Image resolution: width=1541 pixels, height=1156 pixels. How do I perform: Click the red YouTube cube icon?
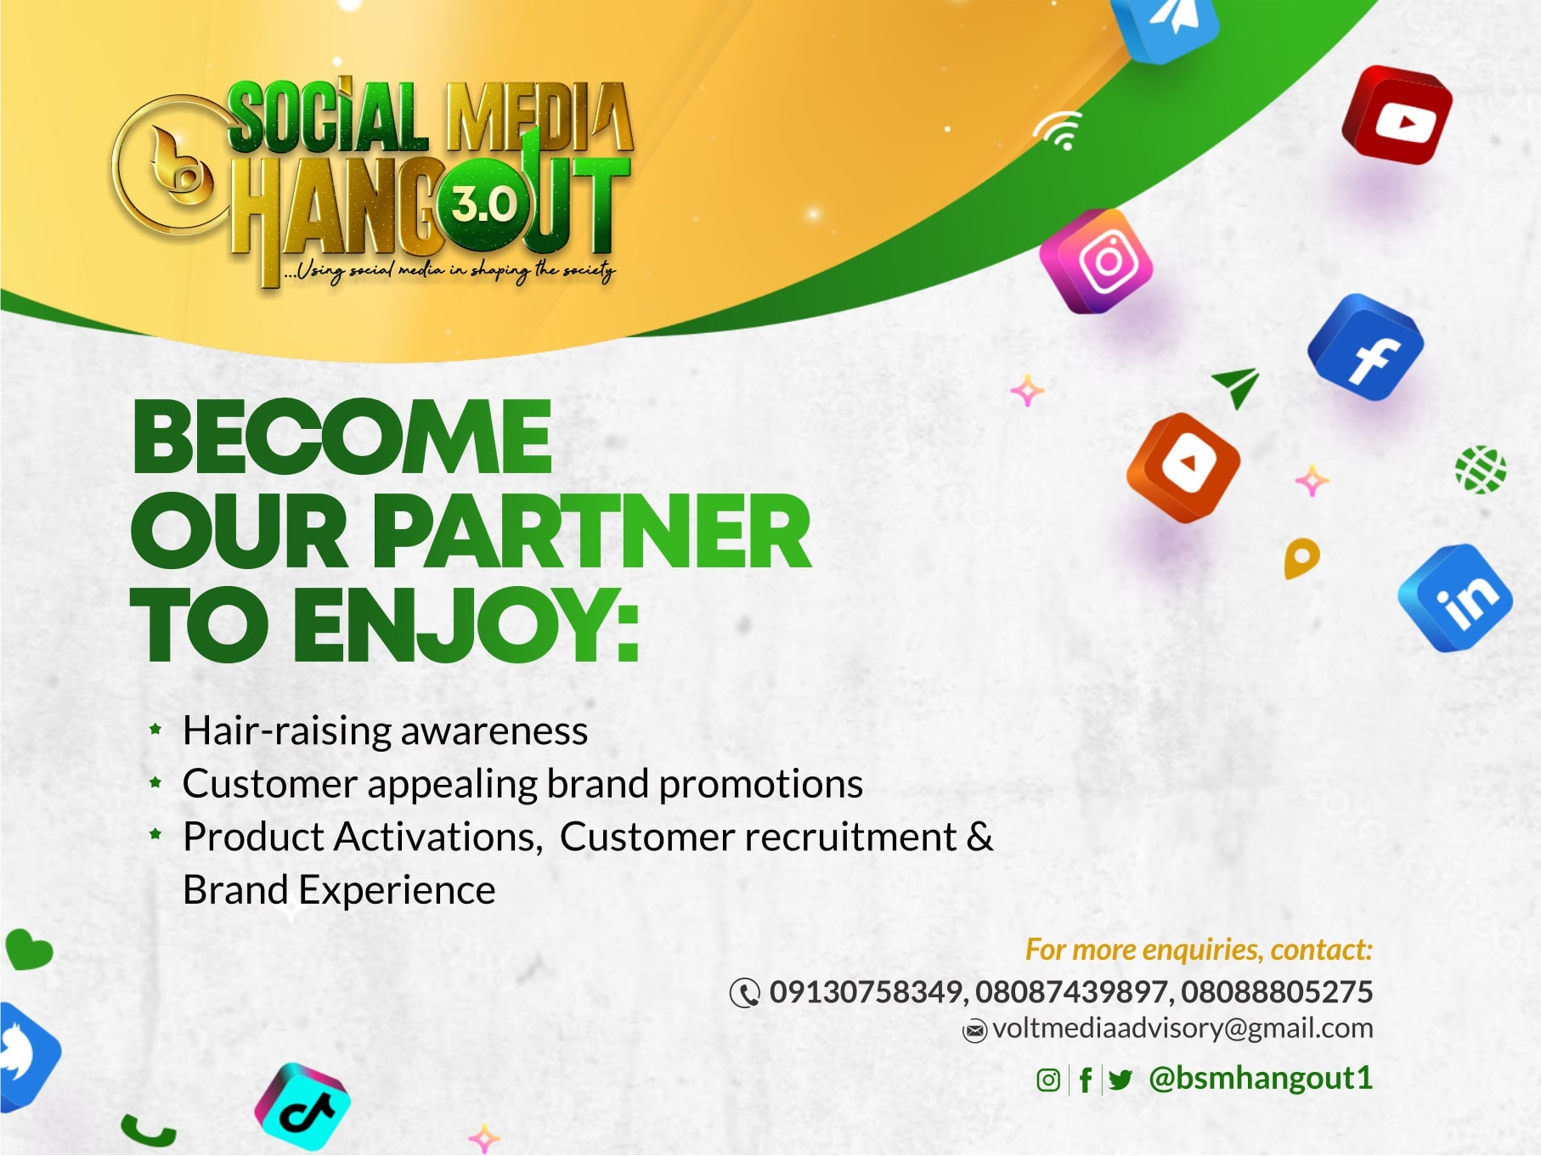1397,115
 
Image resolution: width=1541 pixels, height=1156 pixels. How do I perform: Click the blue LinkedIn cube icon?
1455,598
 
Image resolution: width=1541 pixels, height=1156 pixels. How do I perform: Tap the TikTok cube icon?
302,1107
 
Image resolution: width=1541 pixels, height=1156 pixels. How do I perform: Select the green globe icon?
1481,469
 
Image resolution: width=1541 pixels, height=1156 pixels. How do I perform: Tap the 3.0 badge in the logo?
483,205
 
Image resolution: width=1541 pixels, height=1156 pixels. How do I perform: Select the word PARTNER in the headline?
591,532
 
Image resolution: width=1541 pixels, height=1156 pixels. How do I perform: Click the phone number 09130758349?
866,992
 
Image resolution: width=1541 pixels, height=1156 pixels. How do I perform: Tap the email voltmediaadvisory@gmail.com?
1183,1029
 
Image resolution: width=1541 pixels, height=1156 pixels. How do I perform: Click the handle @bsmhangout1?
1261,1078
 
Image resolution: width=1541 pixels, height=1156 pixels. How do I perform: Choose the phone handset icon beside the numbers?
745,993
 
